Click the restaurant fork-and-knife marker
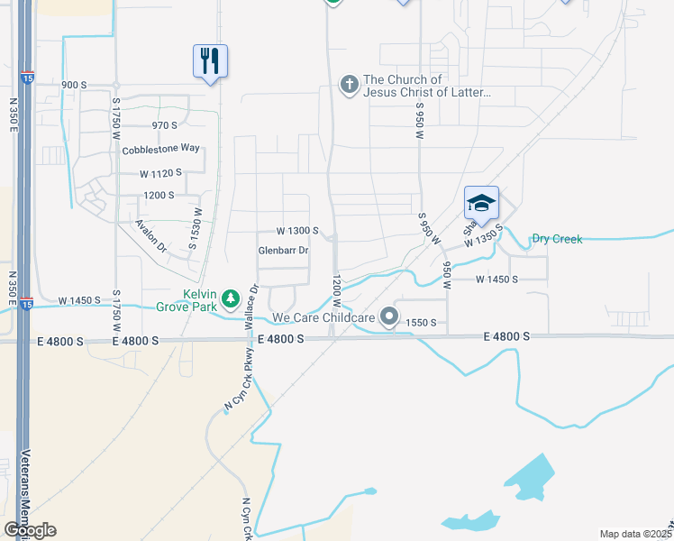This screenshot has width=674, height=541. click(x=210, y=62)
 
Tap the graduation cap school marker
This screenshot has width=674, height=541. click(x=481, y=202)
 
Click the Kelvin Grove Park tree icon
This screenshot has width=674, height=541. click(x=231, y=298)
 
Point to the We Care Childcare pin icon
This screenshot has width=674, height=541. click(x=389, y=316)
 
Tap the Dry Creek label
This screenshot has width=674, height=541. click(x=557, y=239)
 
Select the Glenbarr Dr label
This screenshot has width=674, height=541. click(x=283, y=251)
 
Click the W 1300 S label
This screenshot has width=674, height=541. click(x=298, y=231)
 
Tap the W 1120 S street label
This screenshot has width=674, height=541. click(x=160, y=172)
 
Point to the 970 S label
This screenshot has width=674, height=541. click(x=165, y=125)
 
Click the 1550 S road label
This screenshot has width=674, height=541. click(x=421, y=322)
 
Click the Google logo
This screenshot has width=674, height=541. click(x=30, y=530)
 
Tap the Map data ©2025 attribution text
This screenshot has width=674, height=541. click(x=634, y=535)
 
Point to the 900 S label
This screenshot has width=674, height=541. click(x=73, y=85)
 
